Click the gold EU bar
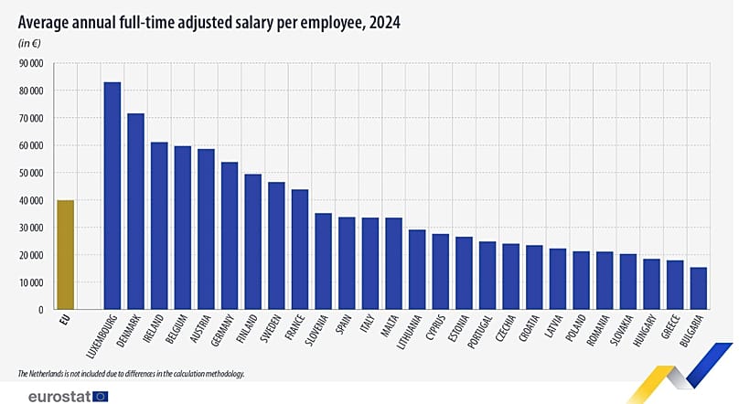coord(66,255)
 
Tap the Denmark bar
coord(136,211)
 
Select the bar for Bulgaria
coord(698,288)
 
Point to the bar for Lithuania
coord(417,270)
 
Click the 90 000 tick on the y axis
coord(31,64)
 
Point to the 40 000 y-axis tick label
coord(31,201)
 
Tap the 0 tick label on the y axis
coord(41,311)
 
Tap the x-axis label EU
coord(63,322)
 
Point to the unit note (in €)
coord(29,42)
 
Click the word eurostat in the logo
coord(56,396)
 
